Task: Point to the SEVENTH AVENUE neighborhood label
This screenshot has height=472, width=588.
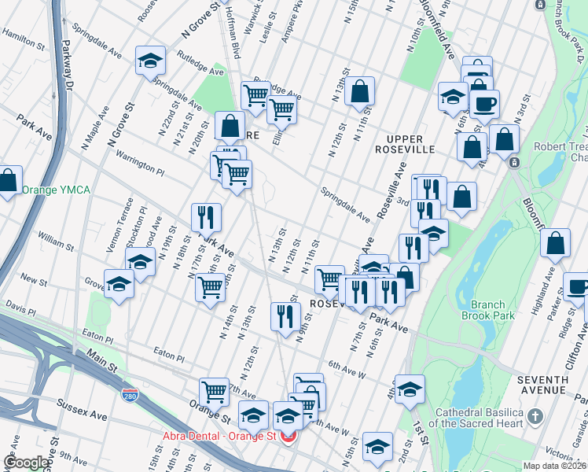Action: click(542, 385)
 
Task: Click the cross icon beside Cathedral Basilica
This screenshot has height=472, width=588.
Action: click(535, 415)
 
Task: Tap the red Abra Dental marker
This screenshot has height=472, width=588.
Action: click(289, 436)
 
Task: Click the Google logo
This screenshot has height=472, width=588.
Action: click(26, 462)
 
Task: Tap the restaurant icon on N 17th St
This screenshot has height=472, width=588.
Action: click(206, 216)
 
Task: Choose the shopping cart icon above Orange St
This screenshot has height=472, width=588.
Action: click(213, 390)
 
